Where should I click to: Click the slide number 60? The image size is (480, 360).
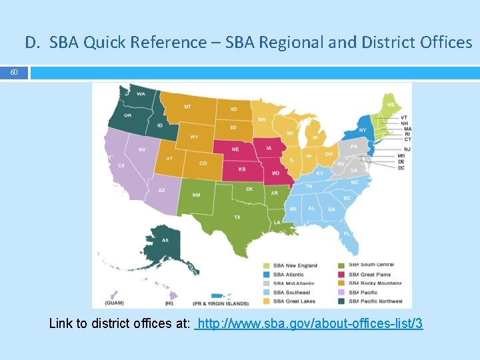tap(14, 72)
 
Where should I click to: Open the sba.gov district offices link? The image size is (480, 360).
tap(310, 323)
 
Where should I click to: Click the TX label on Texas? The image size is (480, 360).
tap(237, 217)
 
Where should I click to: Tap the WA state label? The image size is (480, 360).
tap(141, 94)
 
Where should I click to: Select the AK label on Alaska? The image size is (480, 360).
tap(165, 241)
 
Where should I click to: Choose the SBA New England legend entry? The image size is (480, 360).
tap(295, 266)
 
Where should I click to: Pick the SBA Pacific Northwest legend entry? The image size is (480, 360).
tap(376, 301)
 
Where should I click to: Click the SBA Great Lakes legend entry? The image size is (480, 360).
tap(294, 301)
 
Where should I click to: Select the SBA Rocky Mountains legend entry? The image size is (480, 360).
tap(375, 283)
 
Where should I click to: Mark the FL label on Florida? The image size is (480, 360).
tap(347, 234)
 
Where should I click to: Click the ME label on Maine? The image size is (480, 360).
tap(391, 105)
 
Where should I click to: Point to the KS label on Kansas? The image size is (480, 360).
tap(241, 169)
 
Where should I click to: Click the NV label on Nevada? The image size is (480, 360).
tap(141, 149)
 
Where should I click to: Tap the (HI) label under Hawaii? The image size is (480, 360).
tap(169, 303)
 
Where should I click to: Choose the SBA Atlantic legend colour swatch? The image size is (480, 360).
tap(266, 275)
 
